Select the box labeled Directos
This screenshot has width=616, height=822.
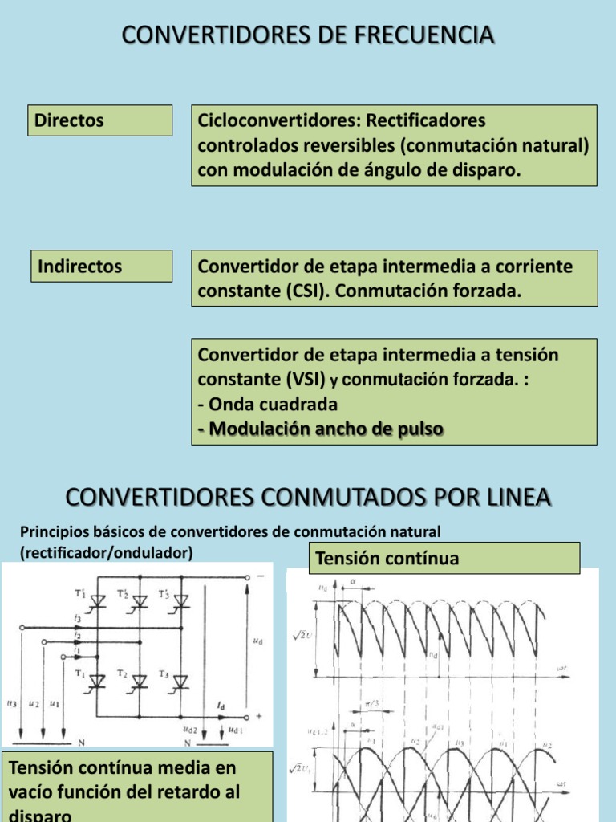[100, 120]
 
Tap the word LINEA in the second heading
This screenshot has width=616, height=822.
[510, 498]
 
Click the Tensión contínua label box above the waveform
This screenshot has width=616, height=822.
[444, 558]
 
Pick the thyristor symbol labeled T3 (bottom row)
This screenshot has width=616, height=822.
[181, 681]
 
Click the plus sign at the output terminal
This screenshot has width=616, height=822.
[259, 714]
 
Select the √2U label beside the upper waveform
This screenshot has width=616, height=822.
[303, 635]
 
